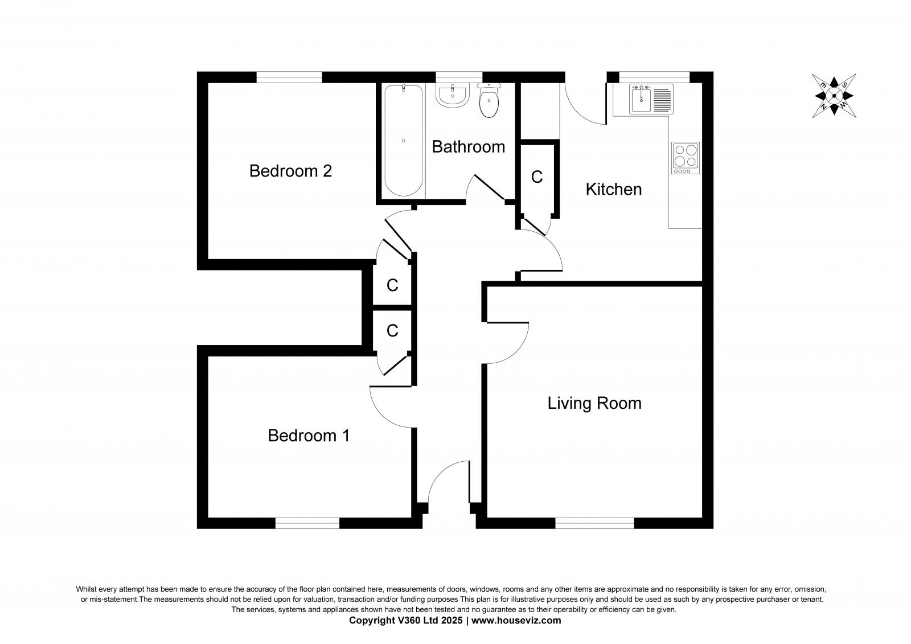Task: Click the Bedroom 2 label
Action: [290, 171]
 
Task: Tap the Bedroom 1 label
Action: [309, 436]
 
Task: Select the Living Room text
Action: [594, 403]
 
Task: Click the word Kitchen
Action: [613, 189]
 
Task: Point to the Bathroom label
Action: [468, 147]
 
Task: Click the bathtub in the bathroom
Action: [403, 140]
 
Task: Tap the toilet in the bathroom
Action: [489, 102]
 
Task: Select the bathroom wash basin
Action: [453, 95]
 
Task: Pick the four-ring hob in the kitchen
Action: [686, 158]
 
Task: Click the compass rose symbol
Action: [834, 96]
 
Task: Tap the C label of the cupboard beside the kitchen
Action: [536, 178]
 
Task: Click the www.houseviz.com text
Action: [516, 621]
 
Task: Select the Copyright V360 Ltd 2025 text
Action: [407, 621]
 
